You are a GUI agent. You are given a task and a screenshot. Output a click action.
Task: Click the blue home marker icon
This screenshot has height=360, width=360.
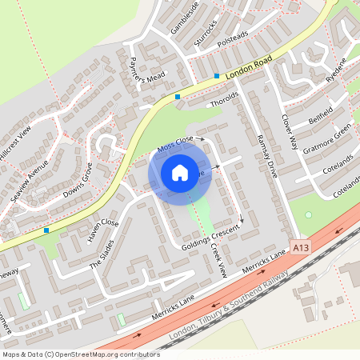[180, 172]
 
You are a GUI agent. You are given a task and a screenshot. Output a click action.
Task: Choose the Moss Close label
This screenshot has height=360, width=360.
[175, 143]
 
